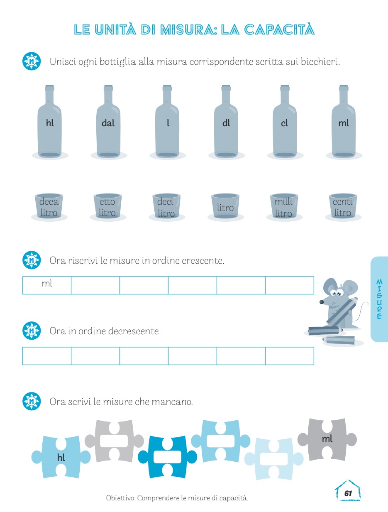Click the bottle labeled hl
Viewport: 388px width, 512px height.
coord(50,121)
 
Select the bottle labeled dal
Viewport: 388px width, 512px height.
coord(108,121)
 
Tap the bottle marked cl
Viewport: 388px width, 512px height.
coord(285,121)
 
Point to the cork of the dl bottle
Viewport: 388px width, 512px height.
coord(226,88)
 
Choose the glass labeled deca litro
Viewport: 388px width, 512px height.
coord(49,206)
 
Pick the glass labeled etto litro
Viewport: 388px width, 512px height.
coord(107,206)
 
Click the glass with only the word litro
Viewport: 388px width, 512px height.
coord(225,206)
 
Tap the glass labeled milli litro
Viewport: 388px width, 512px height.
coord(284,206)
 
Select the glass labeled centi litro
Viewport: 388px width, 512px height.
coord(343,206)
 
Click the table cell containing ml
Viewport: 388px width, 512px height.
coord(47,285)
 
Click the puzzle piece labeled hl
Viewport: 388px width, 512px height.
coord(61,457)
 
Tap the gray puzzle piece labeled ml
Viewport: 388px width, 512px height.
coord(327,439)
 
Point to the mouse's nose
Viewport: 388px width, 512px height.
coord(322,302)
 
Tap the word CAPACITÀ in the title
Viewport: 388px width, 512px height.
coord(279,29)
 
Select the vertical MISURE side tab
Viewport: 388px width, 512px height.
coord(379,299)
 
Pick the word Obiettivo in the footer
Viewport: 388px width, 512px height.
coord(120,498)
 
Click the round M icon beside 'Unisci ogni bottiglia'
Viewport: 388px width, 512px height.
coord(32,61)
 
